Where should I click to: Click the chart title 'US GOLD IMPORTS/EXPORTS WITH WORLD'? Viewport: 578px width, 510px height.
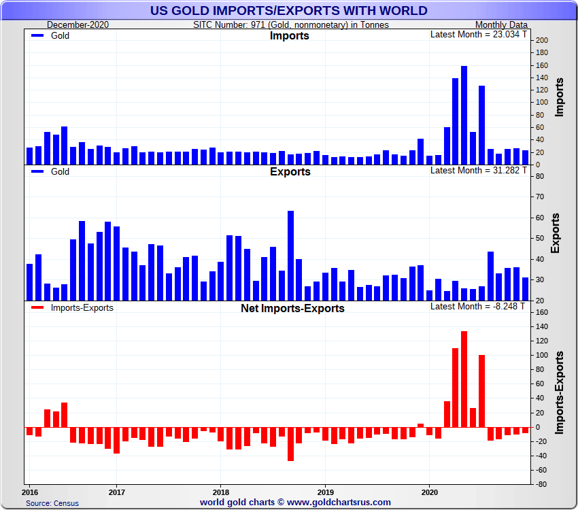289,10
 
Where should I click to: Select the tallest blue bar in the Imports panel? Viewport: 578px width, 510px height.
464,116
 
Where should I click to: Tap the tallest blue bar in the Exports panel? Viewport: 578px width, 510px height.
290,256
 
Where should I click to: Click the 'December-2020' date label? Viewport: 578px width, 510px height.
78,24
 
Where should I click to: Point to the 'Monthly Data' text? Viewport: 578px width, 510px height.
501,24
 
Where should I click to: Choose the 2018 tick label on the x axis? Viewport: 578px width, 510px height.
220,491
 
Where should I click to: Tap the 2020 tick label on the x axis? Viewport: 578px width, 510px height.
429,491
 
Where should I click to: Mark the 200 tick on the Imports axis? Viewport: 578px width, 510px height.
542,41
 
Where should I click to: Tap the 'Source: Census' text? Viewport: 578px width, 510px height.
52,503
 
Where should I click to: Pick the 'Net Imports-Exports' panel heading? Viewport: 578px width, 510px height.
292,308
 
